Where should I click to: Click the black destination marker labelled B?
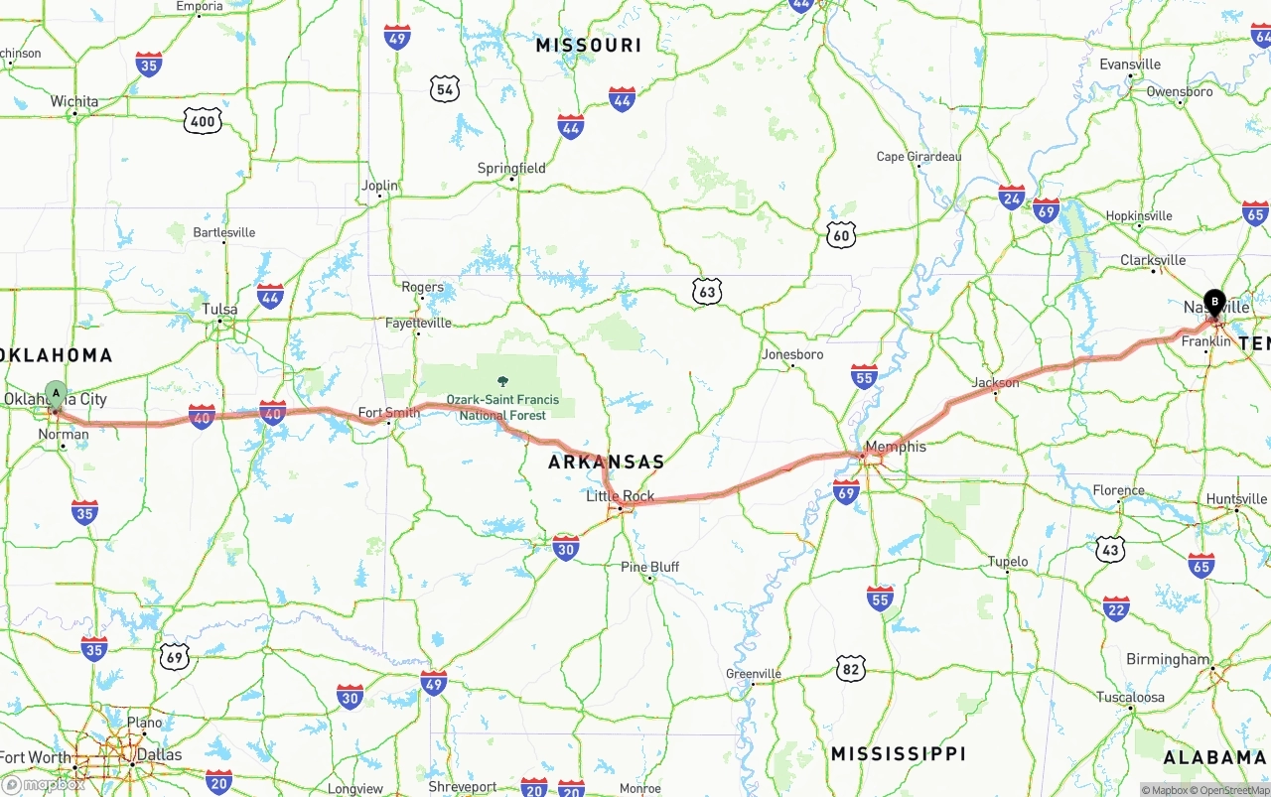pyautogui.click(x=1213, y=301)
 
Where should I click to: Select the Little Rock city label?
pyautogui.click(x=620, y=496)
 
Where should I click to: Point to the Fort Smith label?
pyautogui.click(x=388, y=413)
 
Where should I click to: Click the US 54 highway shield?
pyautogui.click(x=445, y=89)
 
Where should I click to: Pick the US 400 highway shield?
pyautogui.click(x=203, y=122)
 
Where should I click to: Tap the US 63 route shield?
pyautogui.click(x=706, y=292)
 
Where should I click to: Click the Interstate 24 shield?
pyautogui.click(x=1012, y=197)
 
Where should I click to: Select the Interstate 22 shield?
pyautogui.click(x=1116, y=607)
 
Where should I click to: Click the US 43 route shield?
pyautogui.click(x=1110, y=549)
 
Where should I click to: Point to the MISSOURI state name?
pyautogui.click(x=588, y=45)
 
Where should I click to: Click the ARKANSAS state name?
pyautogui.click(x=606, y=462)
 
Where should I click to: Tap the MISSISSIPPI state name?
pyautogui.click(x=898, y=753)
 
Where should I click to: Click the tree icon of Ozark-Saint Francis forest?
pyautogui.click(x=502, y=382)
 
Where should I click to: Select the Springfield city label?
pyautogui.click(x=511, y=168)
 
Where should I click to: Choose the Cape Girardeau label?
pyautogui.click(x=918, y=157)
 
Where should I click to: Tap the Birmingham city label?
pyautogui.click(x=1168, y=659)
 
